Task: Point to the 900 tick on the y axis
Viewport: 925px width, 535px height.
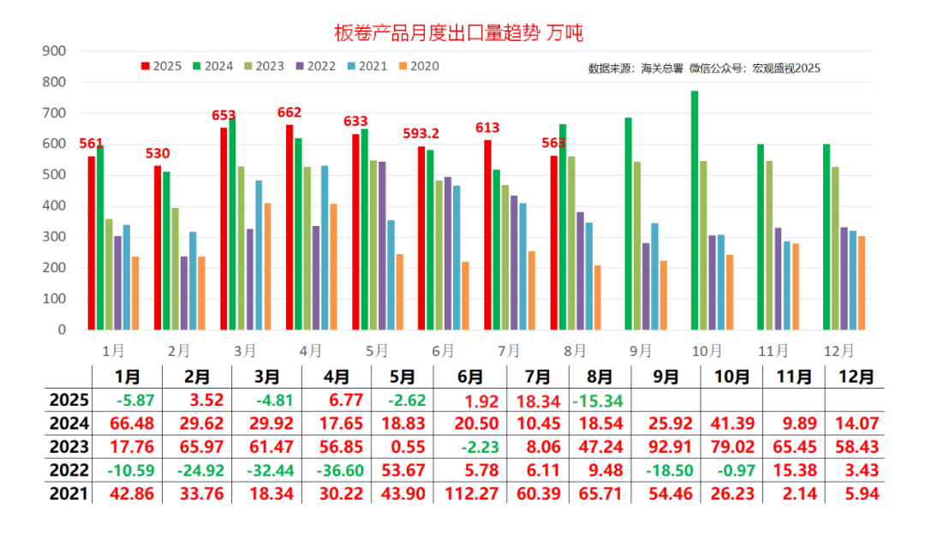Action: point(54,51)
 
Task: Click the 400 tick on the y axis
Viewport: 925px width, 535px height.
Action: point(54,206)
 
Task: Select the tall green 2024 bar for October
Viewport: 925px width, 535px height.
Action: point(695,210)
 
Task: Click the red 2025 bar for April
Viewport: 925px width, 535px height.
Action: point(289,227)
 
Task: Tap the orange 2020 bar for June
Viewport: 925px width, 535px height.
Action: point(465,295)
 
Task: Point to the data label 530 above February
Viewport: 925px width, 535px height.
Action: point(158,153)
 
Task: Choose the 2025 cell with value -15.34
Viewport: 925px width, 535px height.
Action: point(600,400)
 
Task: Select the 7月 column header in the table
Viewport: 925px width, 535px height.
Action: point(538,377)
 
